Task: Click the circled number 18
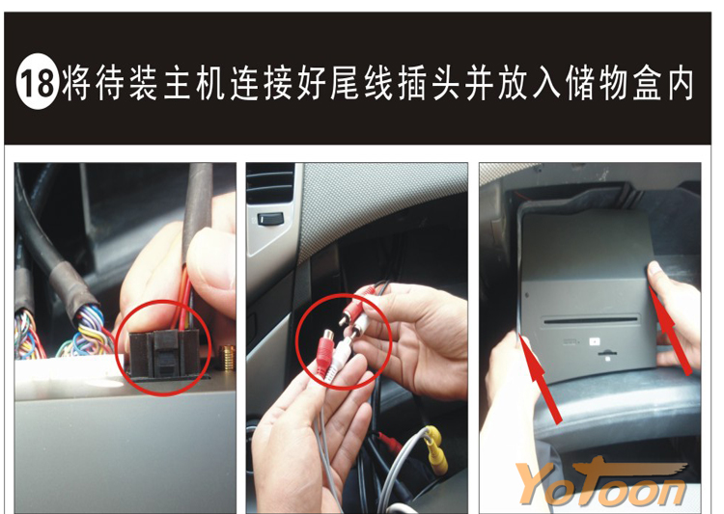pos(38,82)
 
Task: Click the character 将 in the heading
pos(76,83)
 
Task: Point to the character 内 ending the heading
pos(679,83)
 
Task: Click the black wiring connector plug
pos(164,353)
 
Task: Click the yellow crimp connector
pos(436,449)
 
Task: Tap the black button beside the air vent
pos(268,220)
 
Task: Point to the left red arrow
pos(541,379)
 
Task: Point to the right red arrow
pos(670,330)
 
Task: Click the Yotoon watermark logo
pos(601,482)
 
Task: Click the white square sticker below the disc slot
pos(595,342)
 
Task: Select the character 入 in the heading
pos(546,83)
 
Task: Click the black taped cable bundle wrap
pos(70,288)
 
